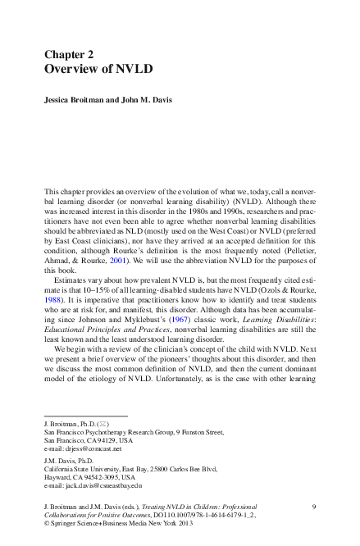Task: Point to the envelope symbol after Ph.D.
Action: point(102,423)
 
